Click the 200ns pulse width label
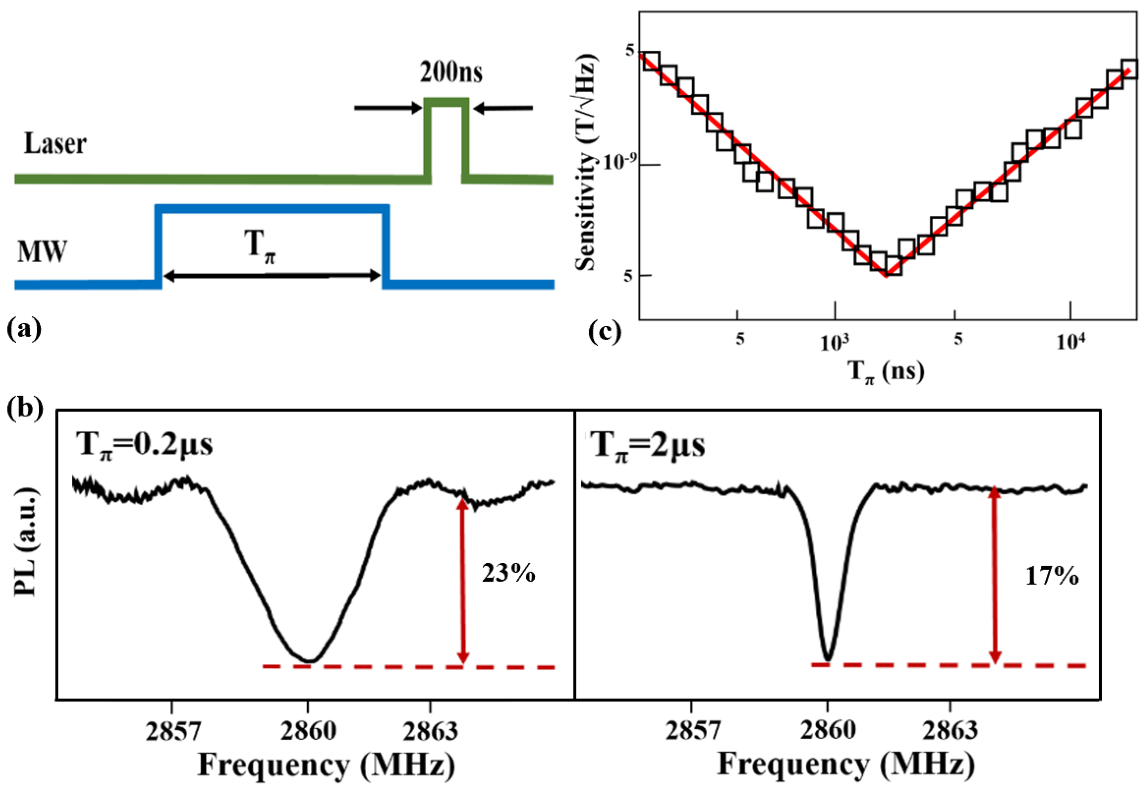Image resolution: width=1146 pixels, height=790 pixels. point(451,72)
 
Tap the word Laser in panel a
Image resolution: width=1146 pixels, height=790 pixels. point(55,144)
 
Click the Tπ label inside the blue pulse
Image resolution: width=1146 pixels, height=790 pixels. point(262,246)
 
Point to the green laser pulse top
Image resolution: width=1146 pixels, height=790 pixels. point(446,102)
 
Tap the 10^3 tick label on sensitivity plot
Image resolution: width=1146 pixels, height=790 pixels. point(834,342)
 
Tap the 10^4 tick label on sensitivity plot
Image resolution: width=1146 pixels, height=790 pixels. point(1070,342)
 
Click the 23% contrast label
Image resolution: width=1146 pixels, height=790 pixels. point(508,573)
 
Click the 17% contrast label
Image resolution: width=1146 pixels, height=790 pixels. point(1051,576)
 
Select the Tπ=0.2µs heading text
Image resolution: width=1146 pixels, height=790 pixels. point(144,445)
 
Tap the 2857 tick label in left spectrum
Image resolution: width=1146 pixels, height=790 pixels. point(173,730)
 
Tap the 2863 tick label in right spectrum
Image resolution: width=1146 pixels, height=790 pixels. point(950,730)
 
